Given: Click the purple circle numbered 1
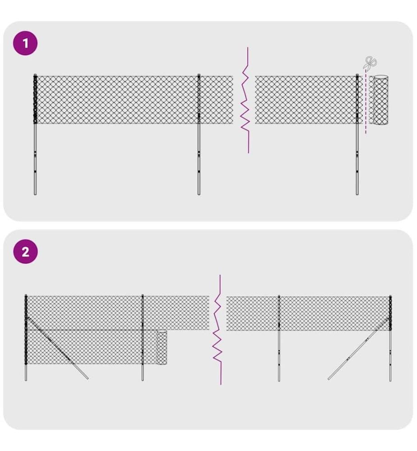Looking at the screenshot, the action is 25,43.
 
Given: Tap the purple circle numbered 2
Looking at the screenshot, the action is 25,252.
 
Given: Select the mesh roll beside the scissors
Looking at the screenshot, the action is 379,100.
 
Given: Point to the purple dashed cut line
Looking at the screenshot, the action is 366,101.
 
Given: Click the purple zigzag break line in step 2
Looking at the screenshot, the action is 218,330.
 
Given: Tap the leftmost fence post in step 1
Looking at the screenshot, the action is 35,134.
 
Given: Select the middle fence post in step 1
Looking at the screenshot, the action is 199,134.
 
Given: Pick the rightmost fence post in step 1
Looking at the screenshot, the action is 357,134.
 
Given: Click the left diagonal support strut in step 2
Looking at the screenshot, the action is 58,348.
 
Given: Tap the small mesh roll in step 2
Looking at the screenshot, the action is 162,347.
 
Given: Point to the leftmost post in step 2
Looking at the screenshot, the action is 26,338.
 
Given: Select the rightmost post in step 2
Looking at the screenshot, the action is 390,338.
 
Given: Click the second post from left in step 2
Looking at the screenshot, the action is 143,338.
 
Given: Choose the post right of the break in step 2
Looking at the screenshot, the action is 279,338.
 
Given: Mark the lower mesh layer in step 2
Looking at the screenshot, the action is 92,347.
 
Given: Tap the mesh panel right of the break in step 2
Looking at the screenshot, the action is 308,313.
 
